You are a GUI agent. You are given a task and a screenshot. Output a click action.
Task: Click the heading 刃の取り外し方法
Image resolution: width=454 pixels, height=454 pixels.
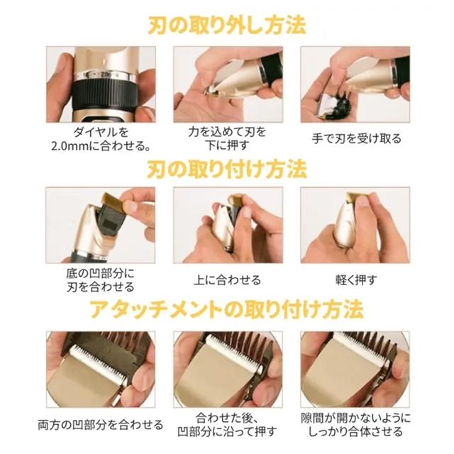[x=227, y=26]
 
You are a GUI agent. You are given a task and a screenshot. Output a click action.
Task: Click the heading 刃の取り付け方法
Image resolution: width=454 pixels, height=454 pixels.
[x=227, y=169]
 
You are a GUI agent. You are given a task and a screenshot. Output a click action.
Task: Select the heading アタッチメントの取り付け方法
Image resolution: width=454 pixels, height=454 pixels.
[x=227, y=309]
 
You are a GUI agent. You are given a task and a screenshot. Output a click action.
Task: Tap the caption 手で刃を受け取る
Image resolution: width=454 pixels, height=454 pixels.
[x=356, y=138]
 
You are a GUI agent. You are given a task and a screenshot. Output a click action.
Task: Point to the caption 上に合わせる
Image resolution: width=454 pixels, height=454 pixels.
[x=227, y=280]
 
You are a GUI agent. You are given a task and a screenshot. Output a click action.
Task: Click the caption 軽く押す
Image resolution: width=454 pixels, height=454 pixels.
[x=356, y=280]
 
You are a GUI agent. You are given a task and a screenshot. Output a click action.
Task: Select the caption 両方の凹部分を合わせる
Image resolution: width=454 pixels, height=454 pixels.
[x=101, y=425]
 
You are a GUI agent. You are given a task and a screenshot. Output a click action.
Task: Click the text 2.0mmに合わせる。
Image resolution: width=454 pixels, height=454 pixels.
[x=101, y=145]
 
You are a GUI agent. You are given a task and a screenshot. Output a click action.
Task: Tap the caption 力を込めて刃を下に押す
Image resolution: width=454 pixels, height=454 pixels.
[x=227, y=138]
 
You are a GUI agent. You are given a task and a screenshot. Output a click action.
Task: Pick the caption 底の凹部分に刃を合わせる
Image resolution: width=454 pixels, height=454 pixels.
[x=101, y=280]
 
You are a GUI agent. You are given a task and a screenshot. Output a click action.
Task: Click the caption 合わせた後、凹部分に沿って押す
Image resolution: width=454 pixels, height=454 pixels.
[x=227, y=425]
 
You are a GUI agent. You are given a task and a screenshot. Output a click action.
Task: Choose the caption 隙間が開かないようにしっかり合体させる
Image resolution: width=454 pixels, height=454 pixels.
[x=356, y=425]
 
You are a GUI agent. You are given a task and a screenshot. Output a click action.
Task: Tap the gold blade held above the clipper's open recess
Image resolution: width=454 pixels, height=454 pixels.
[x=114, y=202]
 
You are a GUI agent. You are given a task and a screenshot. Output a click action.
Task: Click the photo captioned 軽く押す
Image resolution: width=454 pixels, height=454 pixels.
[x=355, y=226]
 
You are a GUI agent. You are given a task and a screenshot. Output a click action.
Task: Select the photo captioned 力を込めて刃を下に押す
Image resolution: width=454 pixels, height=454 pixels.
[x=228, y=84]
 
